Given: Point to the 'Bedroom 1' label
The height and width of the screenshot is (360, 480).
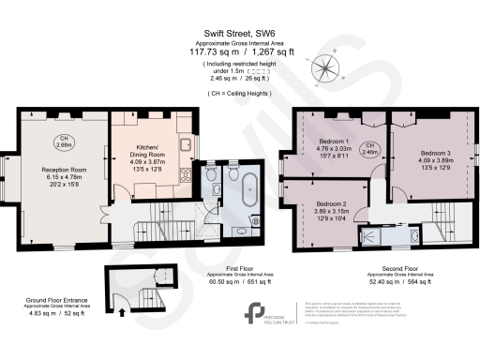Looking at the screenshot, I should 333,141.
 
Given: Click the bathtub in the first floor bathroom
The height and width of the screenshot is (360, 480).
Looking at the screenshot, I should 249,190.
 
